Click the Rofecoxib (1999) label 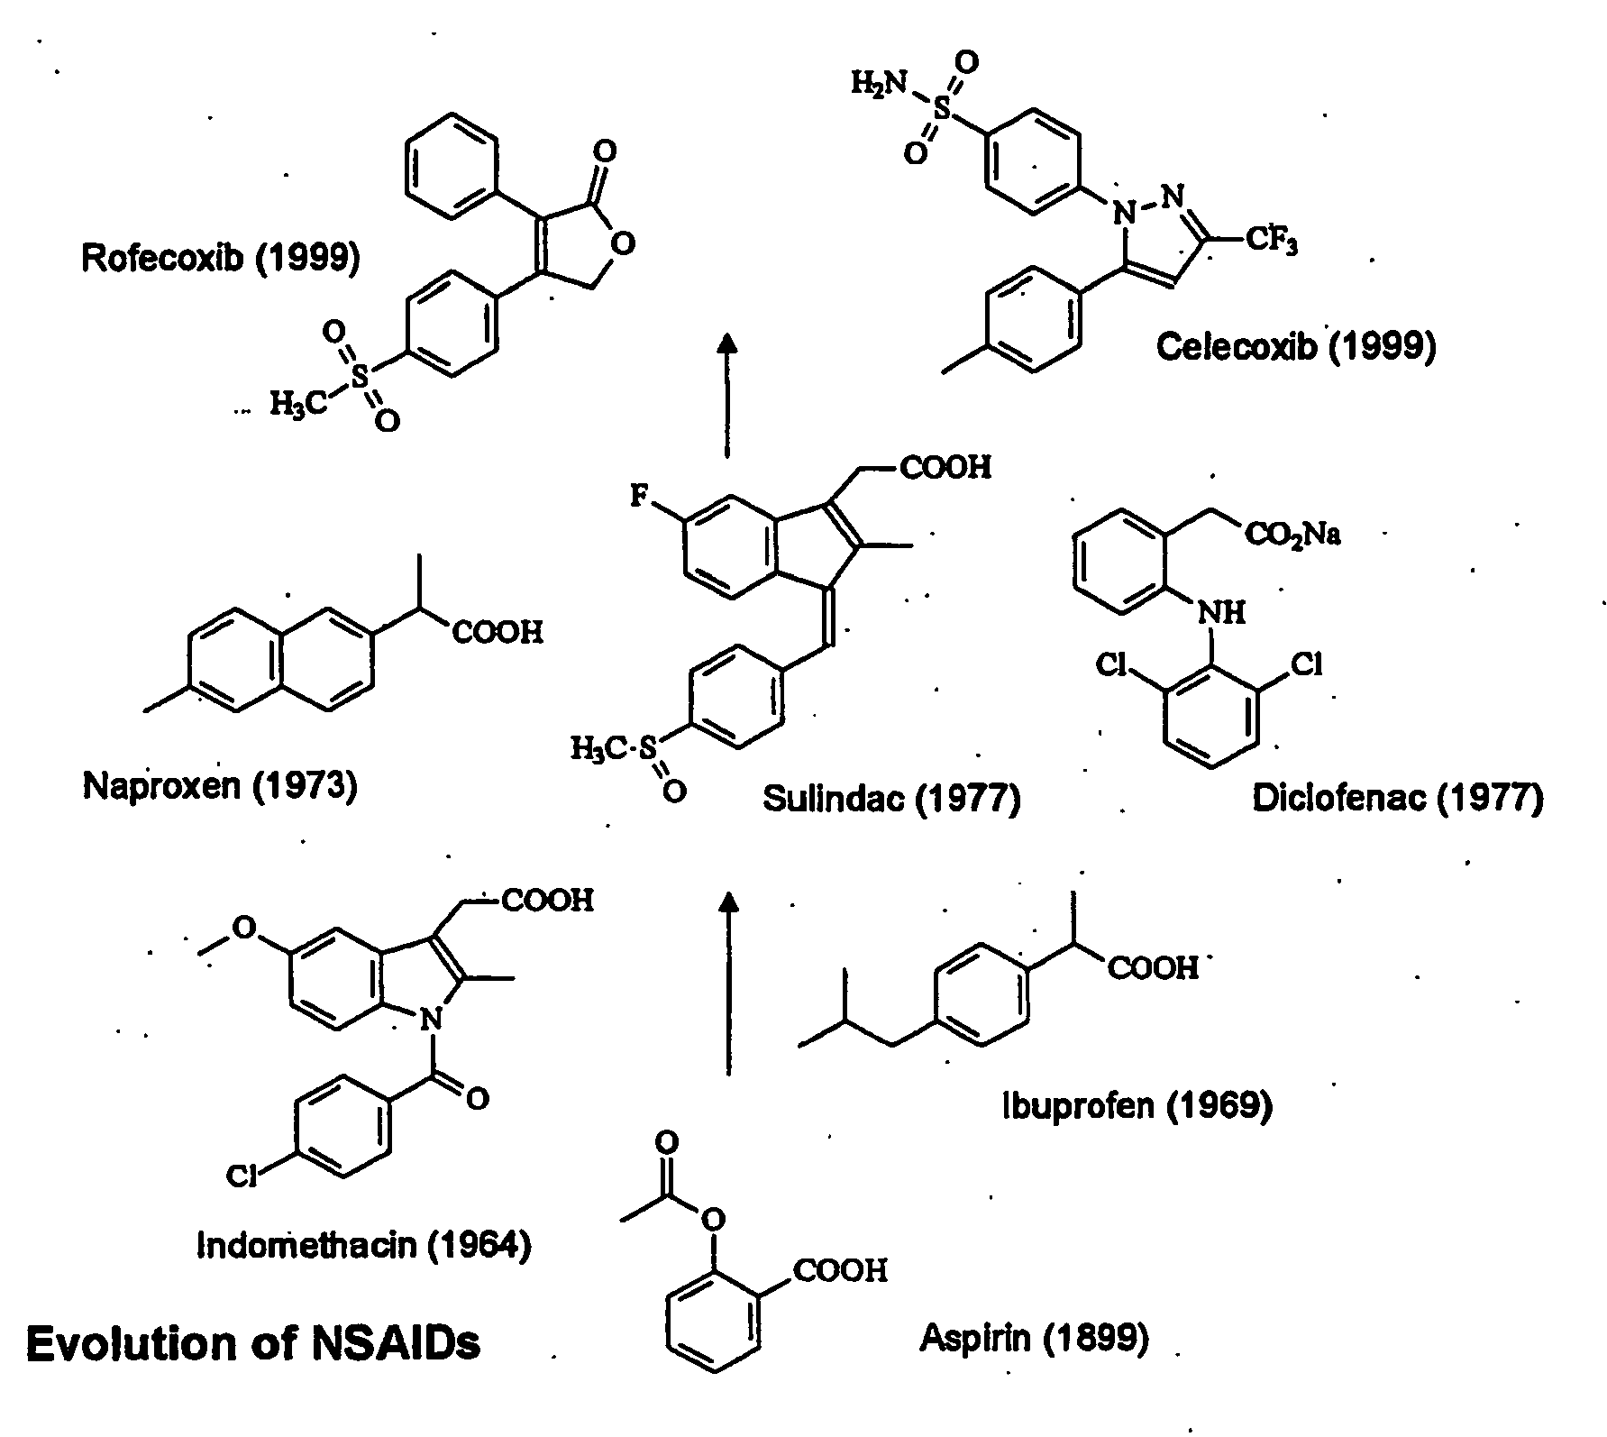coord(221,260)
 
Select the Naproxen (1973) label coord(220,787)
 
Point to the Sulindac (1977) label coord(891,799)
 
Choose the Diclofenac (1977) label coord(1398,799)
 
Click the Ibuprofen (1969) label coord(1137,1104)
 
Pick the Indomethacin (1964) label coord(364,1245)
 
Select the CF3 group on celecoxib coord(1271,242)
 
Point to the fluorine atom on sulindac coord(639,497)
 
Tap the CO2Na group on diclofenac coord(1293,535)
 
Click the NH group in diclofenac coord(1222,613)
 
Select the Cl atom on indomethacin coord(242,1176)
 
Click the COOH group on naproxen coord(498,632)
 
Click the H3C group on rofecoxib coord(297,405)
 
